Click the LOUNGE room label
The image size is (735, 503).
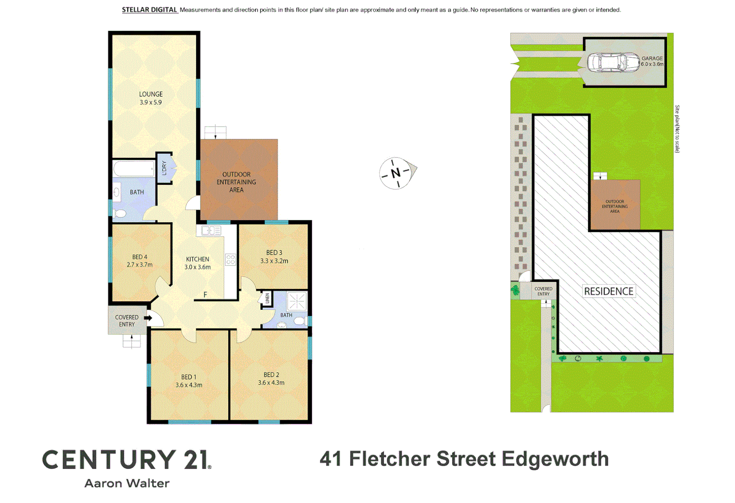point(151,94)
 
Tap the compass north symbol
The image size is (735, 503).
point(396,173)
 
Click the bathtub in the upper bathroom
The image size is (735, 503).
point(134,169)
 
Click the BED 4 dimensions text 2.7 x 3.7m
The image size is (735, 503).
point(139,265)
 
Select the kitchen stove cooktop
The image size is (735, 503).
point(230,259)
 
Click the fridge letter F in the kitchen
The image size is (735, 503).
point(205,294)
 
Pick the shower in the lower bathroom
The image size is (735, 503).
point(296,301)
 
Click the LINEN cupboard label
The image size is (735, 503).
point(267,299)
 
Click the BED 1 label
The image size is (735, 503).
point(189,377)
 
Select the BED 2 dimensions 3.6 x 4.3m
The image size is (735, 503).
point(271,383)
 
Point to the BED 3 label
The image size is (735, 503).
point(274,252)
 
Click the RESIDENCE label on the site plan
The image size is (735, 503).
point(608,292)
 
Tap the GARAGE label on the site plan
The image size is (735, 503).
point(652,59)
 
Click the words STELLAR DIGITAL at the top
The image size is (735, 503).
point(149,10)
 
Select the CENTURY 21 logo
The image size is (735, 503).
point(127,460)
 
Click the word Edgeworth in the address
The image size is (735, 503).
point(555,459)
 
